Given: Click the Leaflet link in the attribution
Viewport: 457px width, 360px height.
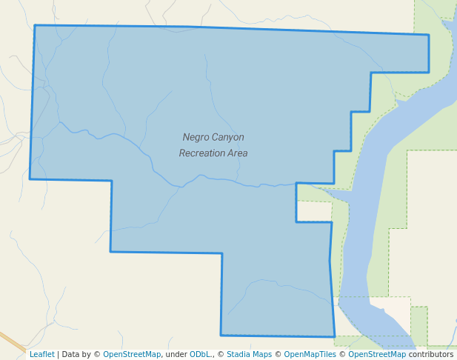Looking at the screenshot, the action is (41, 354).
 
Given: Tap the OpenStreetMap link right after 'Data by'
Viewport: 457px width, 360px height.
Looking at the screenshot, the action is (132, 354).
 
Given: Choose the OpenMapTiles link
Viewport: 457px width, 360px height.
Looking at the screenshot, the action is (310, 354).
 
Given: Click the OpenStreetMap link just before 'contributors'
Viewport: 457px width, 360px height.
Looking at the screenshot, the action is (377, 354).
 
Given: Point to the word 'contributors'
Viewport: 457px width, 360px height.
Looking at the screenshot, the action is (431, 354).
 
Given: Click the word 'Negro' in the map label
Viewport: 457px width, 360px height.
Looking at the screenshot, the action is (196, 137).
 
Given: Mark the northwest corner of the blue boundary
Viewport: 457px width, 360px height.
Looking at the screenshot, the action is (35, 26).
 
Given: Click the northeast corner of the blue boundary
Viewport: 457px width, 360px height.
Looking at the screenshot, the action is (428, 35).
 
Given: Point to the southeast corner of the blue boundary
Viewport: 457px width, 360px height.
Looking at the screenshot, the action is (334, 336).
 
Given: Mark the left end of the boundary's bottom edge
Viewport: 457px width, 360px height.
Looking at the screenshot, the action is (221, 335).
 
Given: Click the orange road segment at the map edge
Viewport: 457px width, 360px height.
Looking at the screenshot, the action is (11, 341).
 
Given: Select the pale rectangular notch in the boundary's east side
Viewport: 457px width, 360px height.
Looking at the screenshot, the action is (314, 211).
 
